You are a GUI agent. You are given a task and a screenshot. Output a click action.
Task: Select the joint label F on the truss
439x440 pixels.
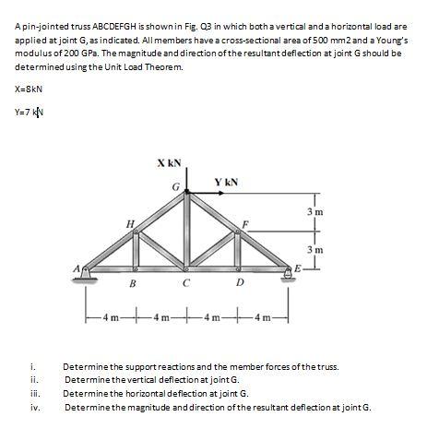click(x=244, y=225)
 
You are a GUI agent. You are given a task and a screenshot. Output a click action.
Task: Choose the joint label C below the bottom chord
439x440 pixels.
click(x=187, y=284)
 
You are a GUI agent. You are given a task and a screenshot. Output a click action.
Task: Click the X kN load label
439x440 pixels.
click(x=169, y=162)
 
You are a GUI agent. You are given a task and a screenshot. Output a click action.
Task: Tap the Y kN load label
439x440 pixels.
click(x=226, y=182)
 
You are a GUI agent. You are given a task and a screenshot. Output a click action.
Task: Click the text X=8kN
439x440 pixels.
click(x=30, y=89)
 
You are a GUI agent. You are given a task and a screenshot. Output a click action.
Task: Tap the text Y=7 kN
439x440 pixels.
click(x=30, y=114)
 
